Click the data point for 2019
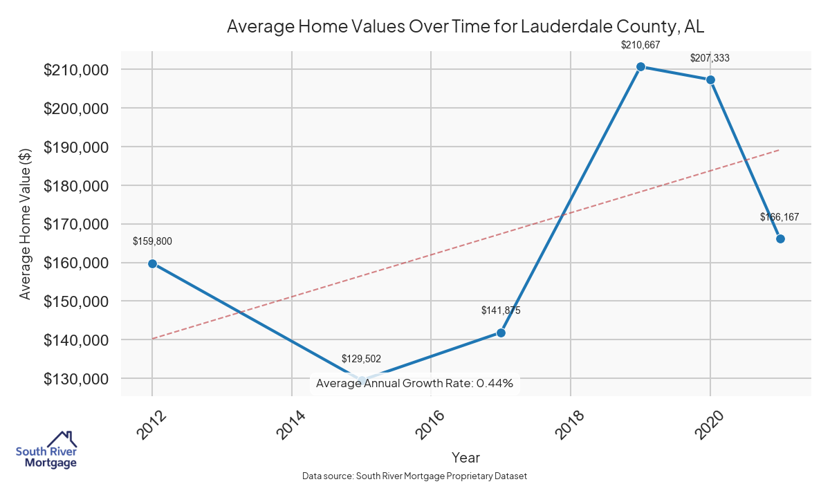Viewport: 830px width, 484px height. coord(640,67)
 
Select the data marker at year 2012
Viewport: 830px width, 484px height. coord(152,263)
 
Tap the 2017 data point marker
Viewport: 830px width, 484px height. coord(501,333)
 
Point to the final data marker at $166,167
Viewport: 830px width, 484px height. coord(780,239)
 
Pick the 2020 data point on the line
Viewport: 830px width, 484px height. coord(710,80)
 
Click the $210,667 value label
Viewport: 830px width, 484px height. coord(640,45)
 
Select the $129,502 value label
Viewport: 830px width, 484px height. coord(361,359)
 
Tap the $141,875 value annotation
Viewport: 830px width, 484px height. coord(501,310)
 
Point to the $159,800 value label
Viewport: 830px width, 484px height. coord(152,241)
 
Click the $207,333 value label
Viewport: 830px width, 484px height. coord(710,58)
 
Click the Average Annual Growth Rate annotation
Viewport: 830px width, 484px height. coord(414,383)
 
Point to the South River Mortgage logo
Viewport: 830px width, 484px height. coord(46,450)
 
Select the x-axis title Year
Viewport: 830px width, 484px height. coord(465,457)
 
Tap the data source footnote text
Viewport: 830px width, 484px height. coord(414,476)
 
